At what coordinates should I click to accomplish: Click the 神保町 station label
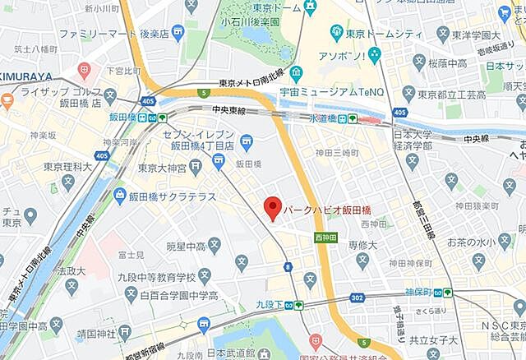421,292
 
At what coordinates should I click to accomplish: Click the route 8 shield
288,266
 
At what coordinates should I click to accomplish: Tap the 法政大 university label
72,270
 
